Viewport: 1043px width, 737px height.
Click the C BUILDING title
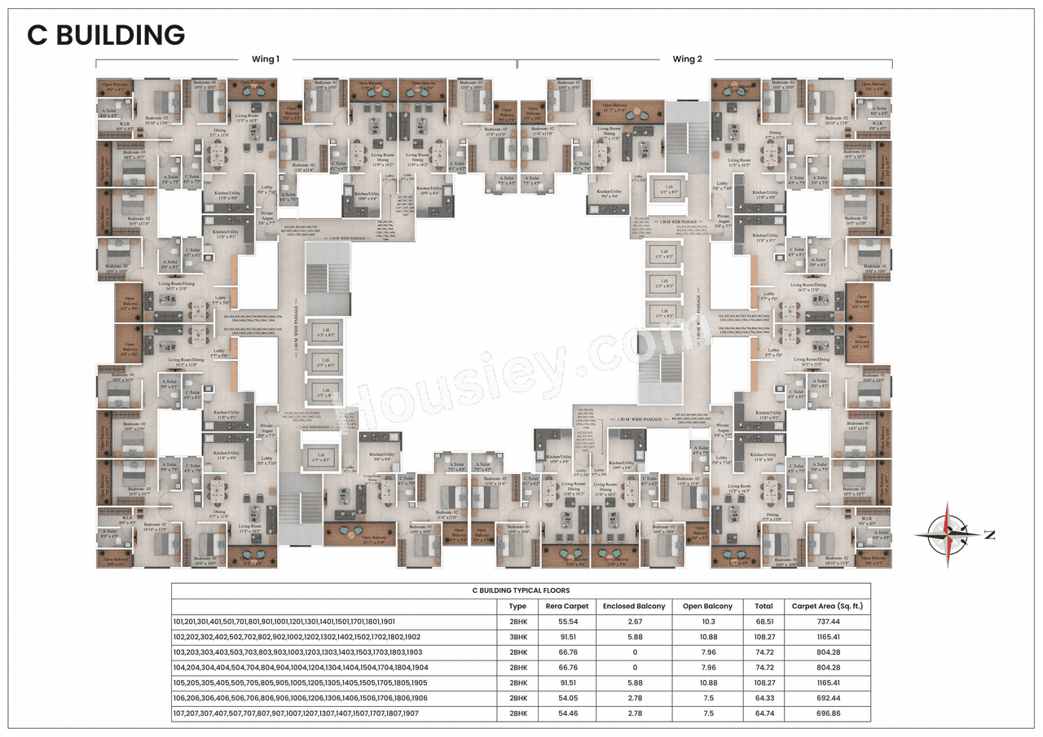[106, 35]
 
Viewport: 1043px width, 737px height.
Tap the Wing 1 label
[266, 59]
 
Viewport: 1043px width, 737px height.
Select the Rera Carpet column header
[567, 606]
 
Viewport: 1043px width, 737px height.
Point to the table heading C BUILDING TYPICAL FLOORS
[521, 590]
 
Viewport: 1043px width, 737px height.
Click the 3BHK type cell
[517, 637]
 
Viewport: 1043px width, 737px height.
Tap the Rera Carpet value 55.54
[567, 621]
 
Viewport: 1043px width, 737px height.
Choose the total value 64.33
[764, 698]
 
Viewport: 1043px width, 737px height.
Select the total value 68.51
[764, 621]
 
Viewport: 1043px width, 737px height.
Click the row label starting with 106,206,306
[297, 698]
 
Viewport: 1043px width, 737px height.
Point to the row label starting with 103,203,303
[297, 652]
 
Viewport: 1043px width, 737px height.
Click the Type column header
[517, 606]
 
